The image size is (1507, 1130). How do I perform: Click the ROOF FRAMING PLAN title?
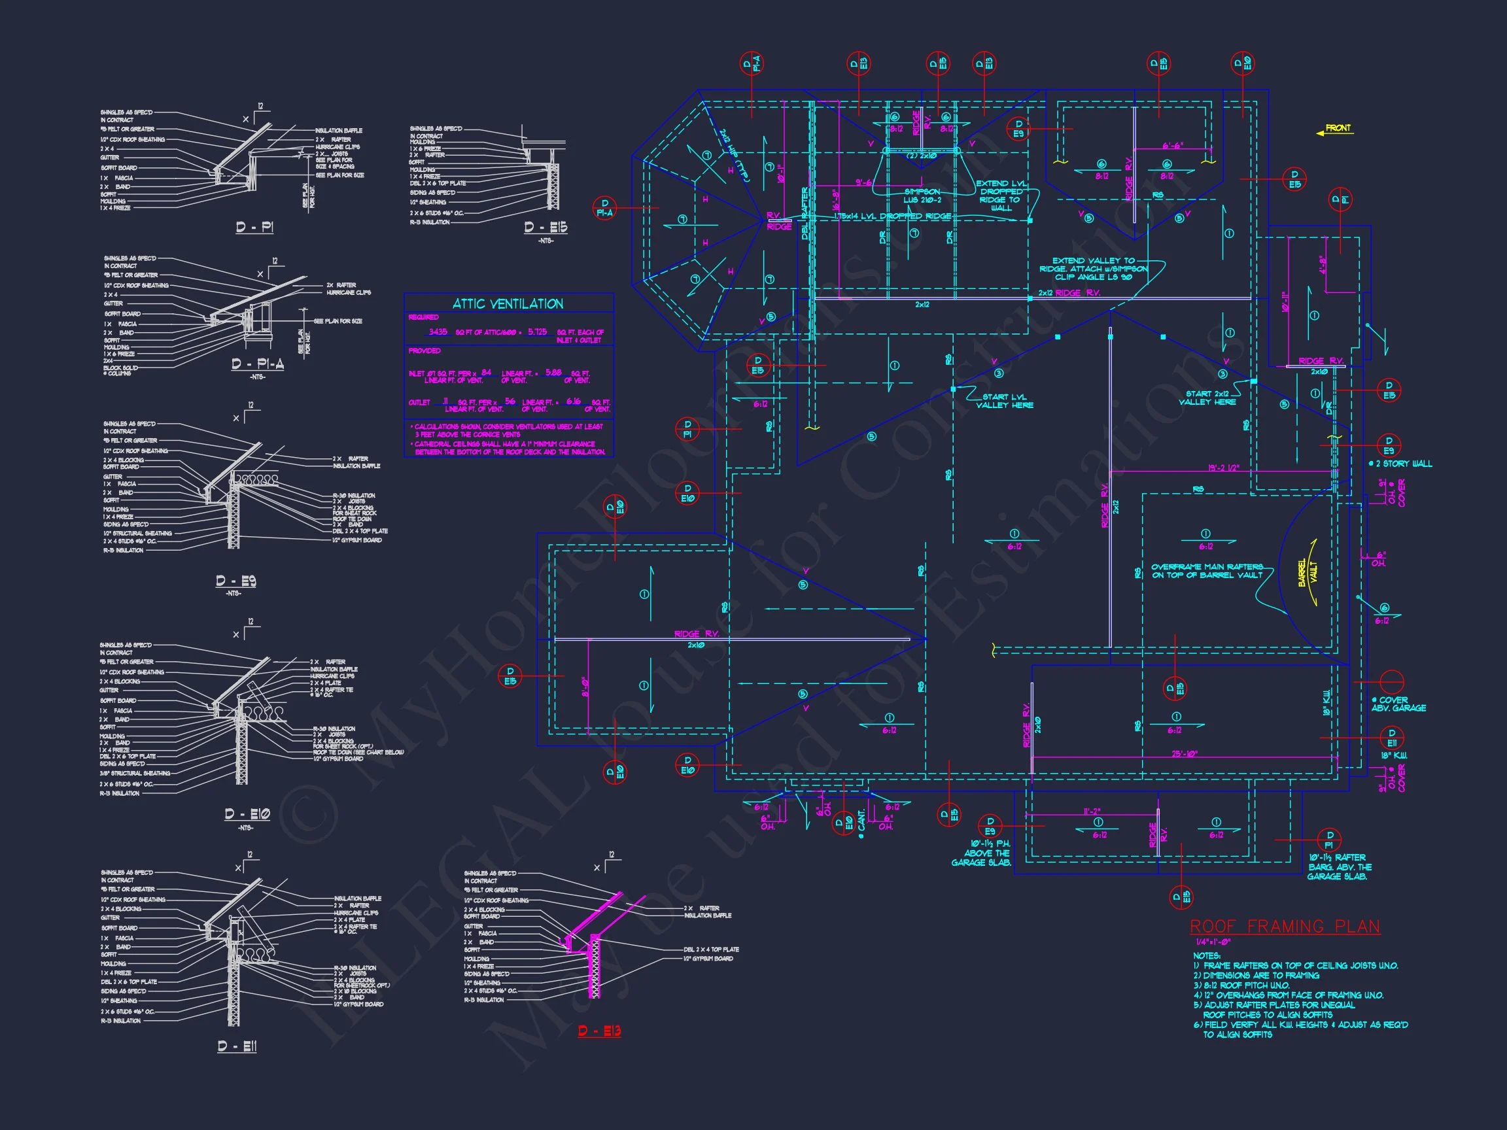pos(1285,927)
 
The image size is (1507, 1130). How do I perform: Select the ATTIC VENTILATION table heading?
pos(508,304)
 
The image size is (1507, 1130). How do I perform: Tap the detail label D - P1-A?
pos(258,365)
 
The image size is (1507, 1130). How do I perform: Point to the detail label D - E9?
pos(235,581)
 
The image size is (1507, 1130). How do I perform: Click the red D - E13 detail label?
pos(600,1031)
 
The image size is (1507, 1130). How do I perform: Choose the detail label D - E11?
pos(237,1046)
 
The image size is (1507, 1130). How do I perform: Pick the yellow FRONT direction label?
pos(1338,128)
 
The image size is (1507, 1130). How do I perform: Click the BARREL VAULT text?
pos(1308,573)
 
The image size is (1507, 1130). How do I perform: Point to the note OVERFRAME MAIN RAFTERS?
pos(1207,571)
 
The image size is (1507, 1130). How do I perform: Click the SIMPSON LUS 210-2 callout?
pos(922,196)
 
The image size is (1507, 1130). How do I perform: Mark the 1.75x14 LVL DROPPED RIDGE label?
pos(892,216)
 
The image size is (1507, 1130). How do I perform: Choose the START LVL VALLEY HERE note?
pos(1004,401)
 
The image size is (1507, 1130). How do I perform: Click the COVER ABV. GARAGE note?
pos(1397,704)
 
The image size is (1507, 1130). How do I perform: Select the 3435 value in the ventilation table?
pos(438,332)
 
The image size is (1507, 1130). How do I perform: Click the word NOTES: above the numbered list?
pos(1207,955)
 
